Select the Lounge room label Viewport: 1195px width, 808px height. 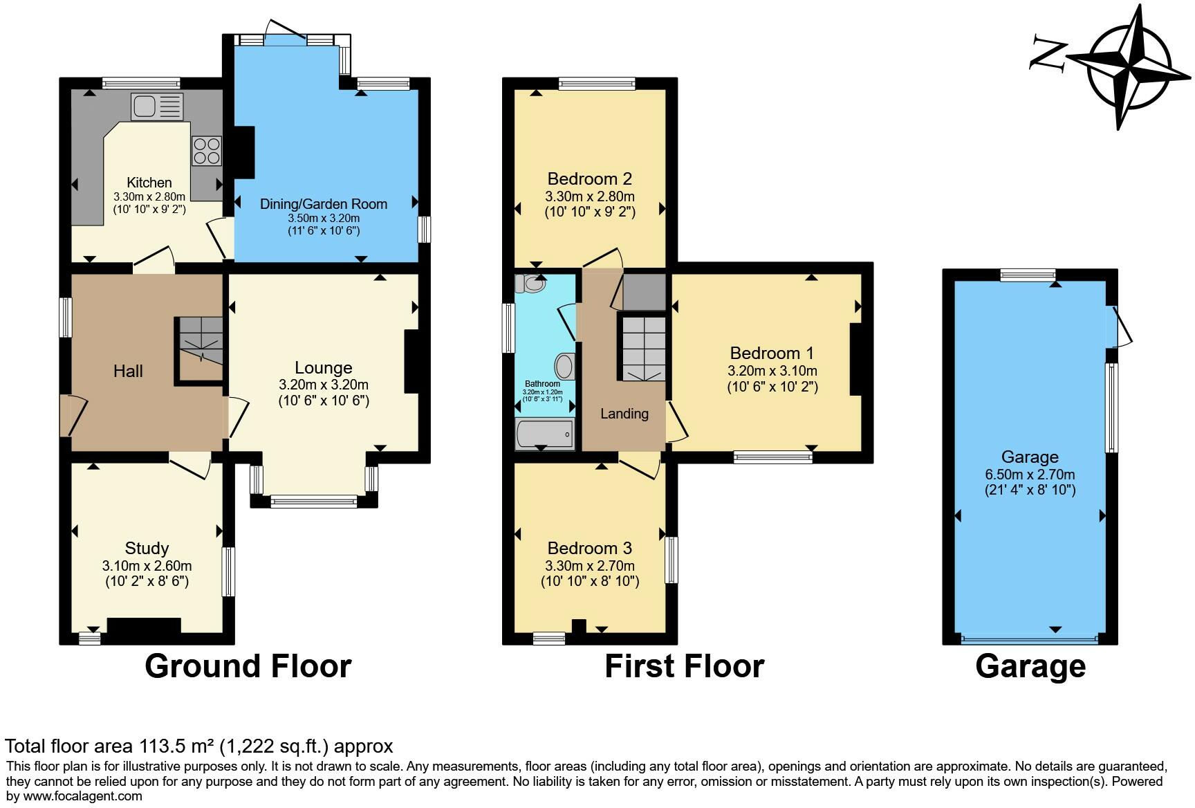[x=323, y=368]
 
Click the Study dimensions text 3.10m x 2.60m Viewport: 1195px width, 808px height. [x=147, y=566]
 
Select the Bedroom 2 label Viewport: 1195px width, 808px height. [x=589, y=179]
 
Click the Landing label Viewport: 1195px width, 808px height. [x=624, y=414]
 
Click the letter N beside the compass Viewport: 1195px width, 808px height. [x=1048, y=53]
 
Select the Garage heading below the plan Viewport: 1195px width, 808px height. [x=1030, y=666]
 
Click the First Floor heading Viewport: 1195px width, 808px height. [x=684, y=666]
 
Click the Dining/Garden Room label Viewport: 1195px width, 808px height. [x=323, y=204]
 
